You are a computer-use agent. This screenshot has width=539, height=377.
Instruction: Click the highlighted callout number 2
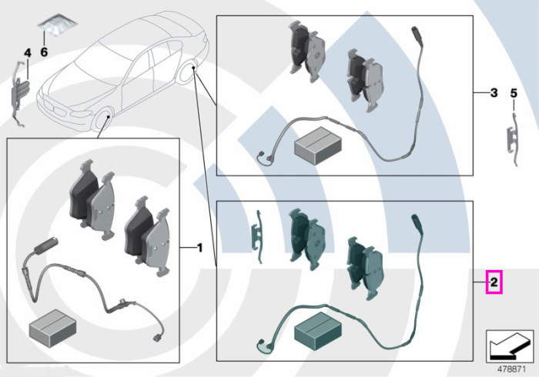pos(494,282)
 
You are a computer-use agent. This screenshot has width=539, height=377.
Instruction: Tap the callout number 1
pos(199,248)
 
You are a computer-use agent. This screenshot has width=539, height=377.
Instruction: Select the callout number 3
pos(494,92)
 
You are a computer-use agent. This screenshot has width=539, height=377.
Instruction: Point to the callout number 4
pos(28,53)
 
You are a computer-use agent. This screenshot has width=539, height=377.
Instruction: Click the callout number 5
pos(514,93)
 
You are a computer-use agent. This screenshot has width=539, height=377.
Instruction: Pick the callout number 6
pos(44,52)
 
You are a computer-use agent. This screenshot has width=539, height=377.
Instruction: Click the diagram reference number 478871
pos(512,369)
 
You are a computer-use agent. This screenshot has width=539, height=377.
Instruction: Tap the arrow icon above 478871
pos(510,346)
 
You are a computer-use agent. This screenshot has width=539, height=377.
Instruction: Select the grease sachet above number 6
pos(57,25)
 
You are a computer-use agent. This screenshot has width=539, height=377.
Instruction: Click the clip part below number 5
pos(513,139)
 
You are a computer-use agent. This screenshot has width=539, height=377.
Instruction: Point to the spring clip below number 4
pos(19,92)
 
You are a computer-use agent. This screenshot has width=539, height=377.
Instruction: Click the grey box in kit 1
pos(52,329)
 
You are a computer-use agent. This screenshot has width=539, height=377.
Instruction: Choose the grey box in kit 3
pos(318,145)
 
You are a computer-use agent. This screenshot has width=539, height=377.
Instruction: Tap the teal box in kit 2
pos(318,331)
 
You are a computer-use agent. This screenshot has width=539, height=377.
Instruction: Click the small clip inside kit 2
pos(257,237)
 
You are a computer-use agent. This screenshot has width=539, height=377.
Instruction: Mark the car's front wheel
pos(103,121)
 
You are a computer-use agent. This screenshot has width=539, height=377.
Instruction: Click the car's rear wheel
pos(188,72)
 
